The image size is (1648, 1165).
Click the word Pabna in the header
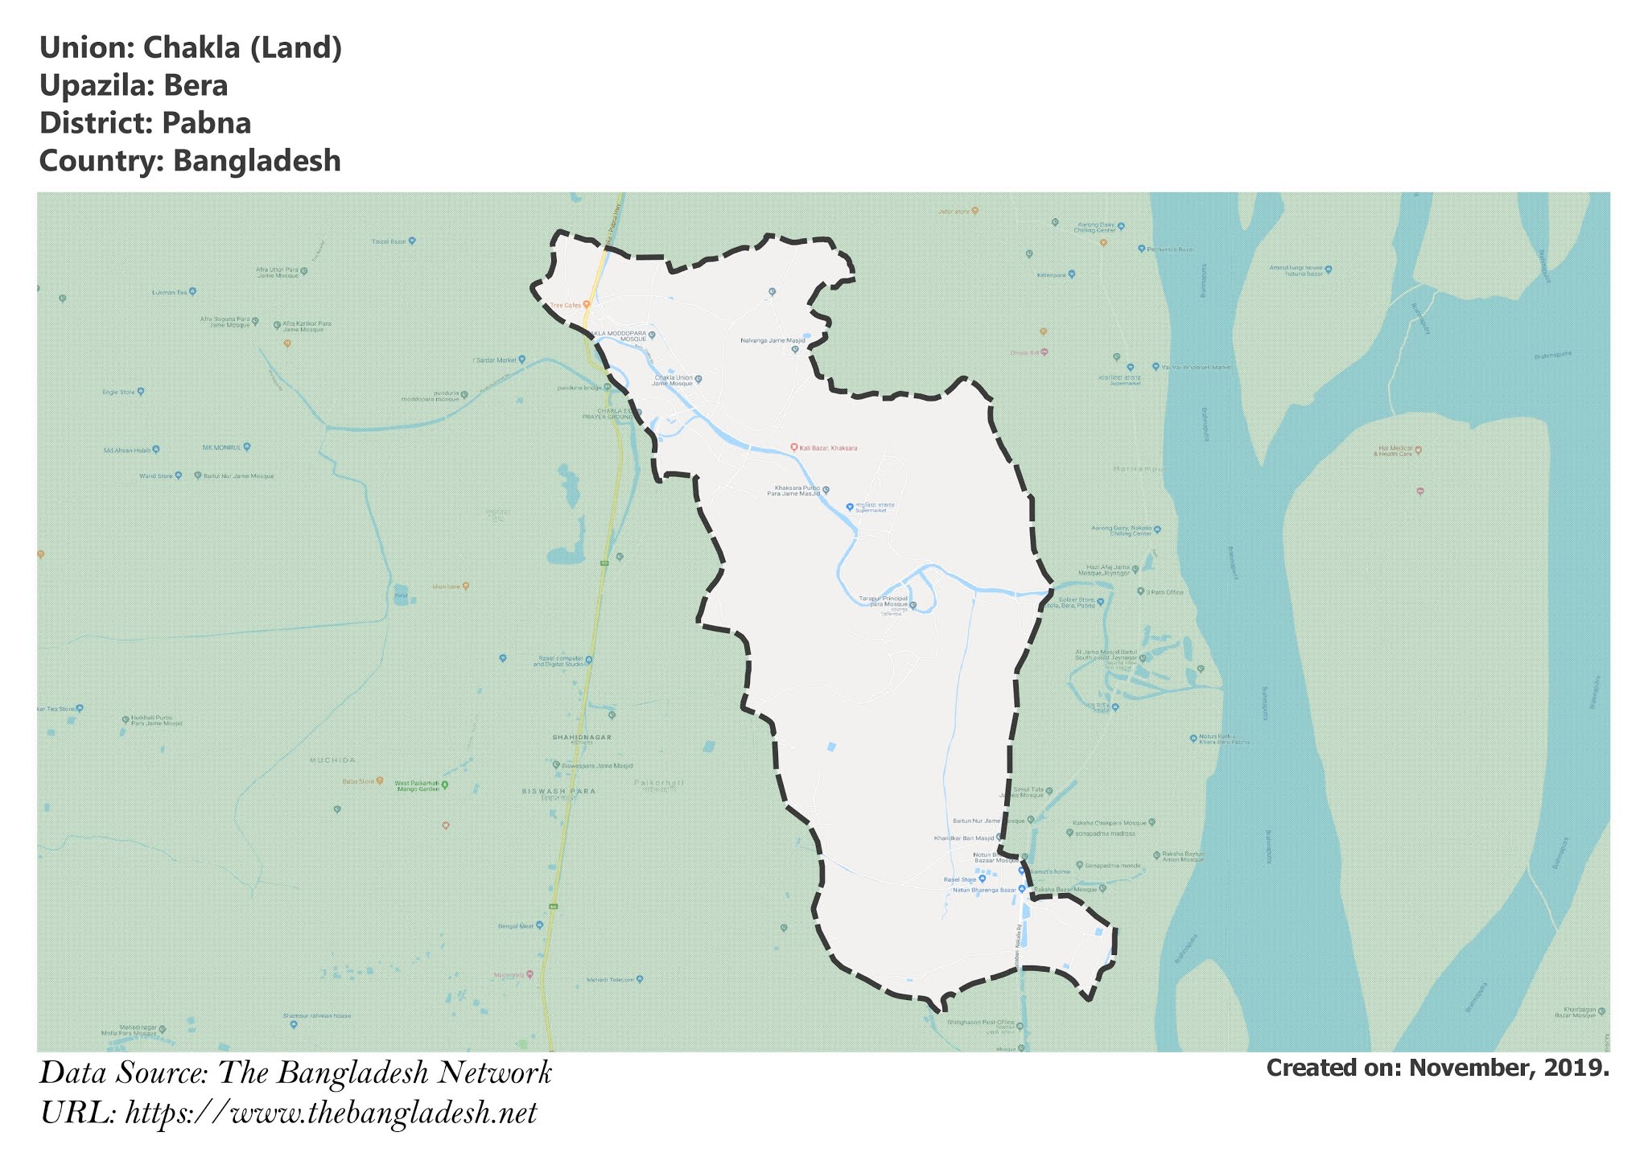(207, 123)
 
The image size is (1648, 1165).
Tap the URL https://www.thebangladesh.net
(332, 1114)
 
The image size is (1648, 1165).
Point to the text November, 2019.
(1510, 1068)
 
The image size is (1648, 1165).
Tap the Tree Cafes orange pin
(587, 305)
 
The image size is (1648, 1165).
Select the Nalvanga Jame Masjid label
(772, 340)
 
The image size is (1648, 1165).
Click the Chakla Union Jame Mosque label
(674, 380)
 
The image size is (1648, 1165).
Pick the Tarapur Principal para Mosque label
(884, 601)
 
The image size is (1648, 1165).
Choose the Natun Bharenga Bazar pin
(1022, 889)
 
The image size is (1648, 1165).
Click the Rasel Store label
(960, 879)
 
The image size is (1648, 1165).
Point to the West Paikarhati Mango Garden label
(417, 785)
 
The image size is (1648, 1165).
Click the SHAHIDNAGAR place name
(582, 737)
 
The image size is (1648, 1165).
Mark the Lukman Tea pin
(192, 292)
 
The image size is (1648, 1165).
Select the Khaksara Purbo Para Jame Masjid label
(797, 490)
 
